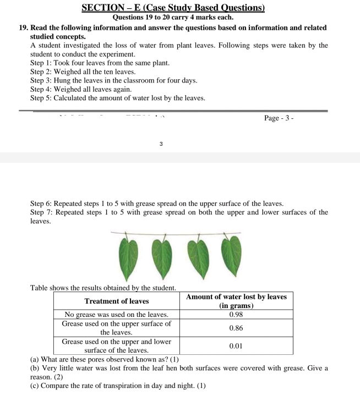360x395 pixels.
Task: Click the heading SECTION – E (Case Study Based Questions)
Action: click(x=173, y=8)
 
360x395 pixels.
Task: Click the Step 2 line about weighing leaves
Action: click(x=83, y=72)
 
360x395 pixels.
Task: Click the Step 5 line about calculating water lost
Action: click(x=117, y=98)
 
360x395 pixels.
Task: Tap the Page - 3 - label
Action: click(x=279, y=118)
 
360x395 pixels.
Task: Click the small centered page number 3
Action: click(x=161, y=144)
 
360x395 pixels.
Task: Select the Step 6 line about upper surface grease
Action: click(x=157, y=204)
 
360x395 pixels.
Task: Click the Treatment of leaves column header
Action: click(x=116, y=301)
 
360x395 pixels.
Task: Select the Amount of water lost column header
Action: click(x=236, y=301)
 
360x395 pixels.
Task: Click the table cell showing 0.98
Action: click(x=236, y=315)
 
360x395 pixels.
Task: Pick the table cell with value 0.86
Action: click(x=236, y=328)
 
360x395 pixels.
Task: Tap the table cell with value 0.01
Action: click(x=236, y=346)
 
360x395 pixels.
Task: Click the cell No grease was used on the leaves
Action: click(x=116, y=315)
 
